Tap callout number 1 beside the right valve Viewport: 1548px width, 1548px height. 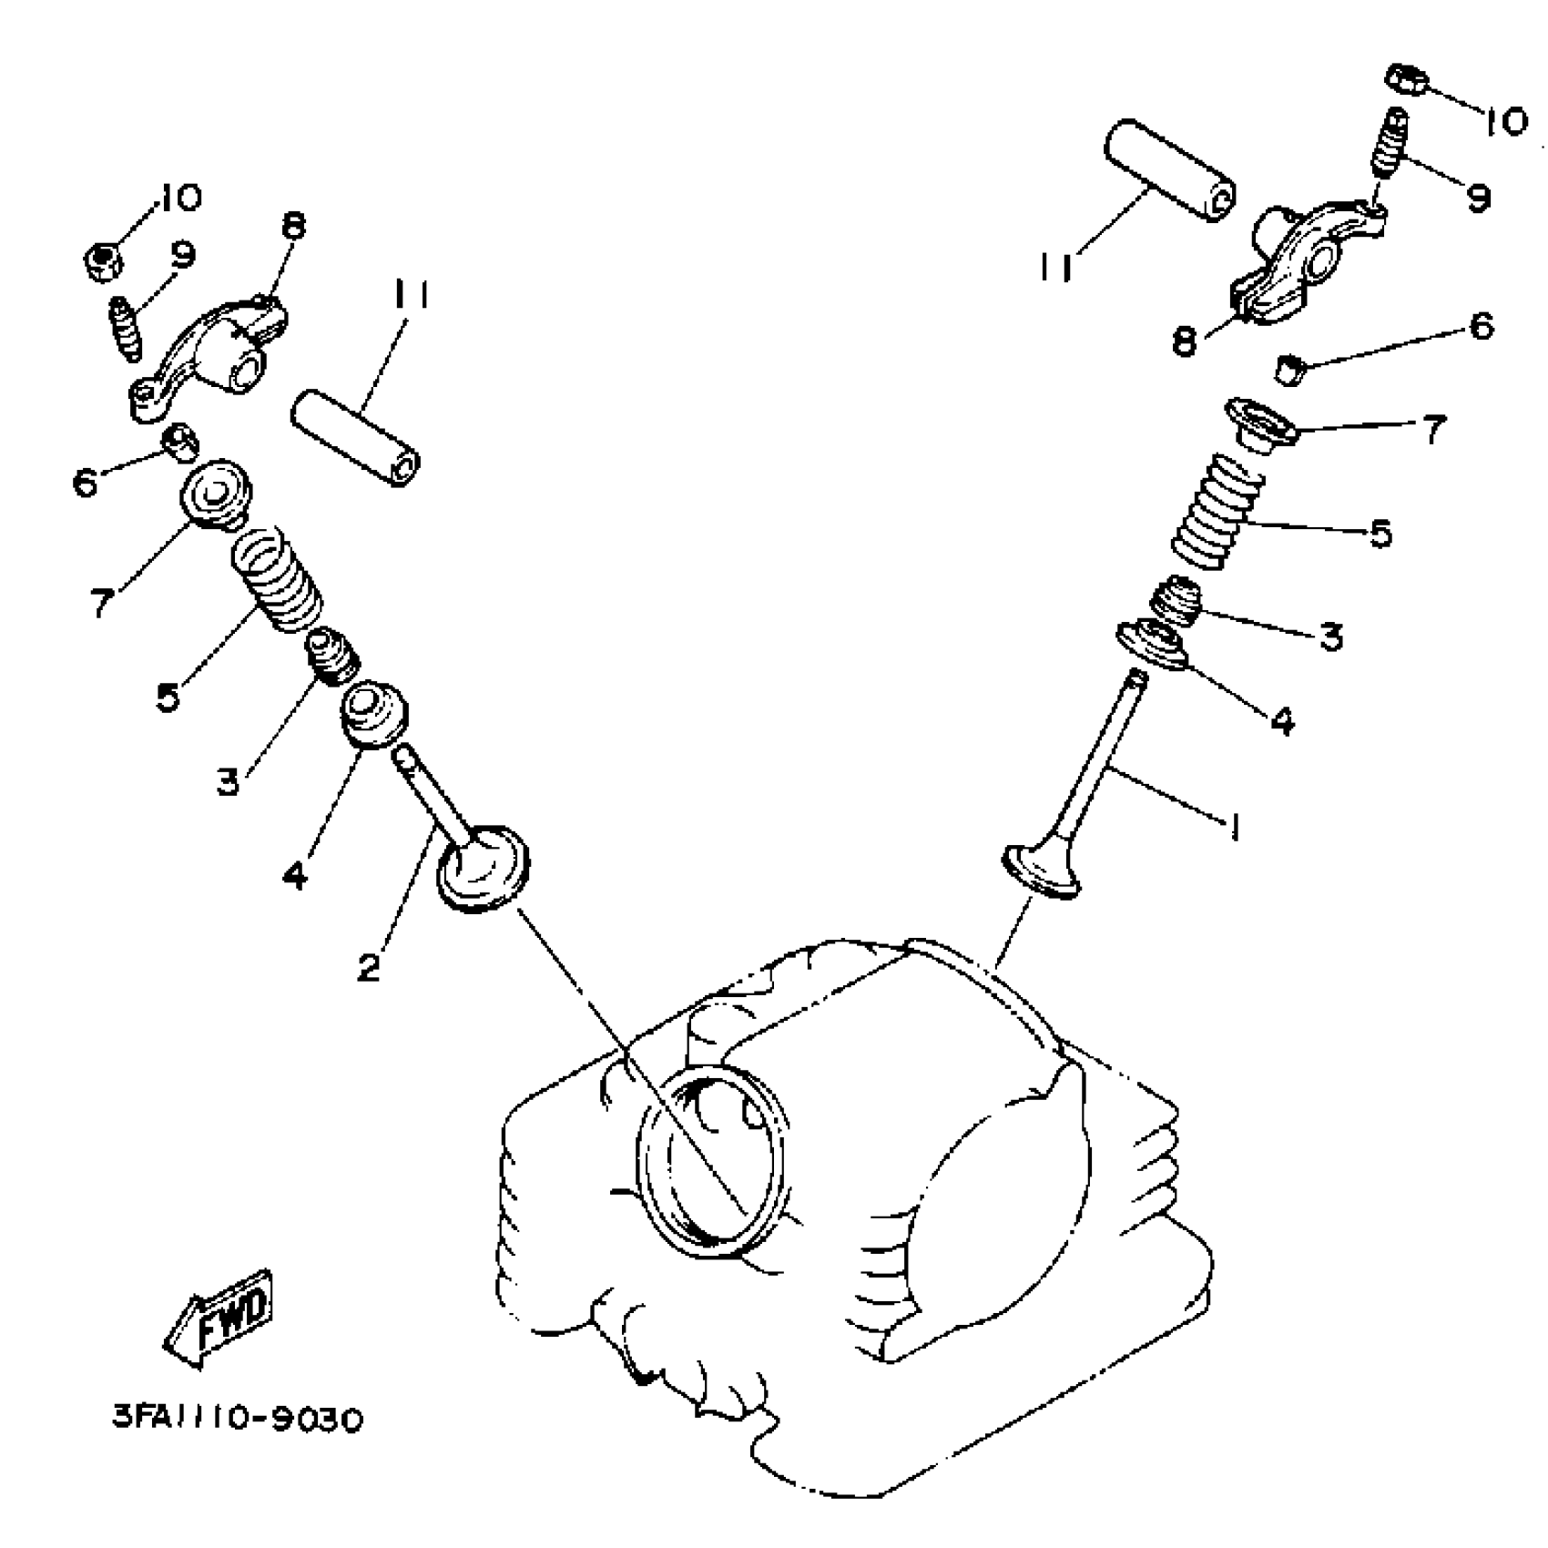click(1234, 827)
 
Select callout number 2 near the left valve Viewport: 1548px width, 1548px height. click(369, 965)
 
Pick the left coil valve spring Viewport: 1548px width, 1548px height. click(275, 582)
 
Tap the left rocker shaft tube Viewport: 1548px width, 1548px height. click(356, 437)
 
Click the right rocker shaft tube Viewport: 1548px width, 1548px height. click(1169, 170)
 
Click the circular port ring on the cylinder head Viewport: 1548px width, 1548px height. click(710, 1162)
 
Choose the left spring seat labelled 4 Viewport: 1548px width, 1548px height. click(373, 713)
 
